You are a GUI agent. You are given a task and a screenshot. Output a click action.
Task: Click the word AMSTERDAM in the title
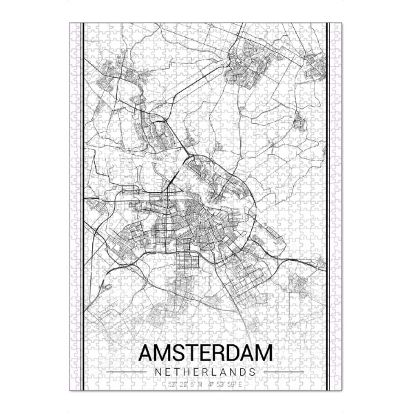(206, 353)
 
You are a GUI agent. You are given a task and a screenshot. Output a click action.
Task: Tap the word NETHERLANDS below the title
(206, 372)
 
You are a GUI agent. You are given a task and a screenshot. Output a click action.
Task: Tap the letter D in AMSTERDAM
(231, 353)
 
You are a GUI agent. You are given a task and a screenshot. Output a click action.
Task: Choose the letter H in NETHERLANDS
(180, 372)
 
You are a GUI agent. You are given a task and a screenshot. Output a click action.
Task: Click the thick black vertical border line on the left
(83, 206)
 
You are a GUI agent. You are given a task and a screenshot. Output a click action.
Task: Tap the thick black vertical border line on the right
(328, 206)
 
